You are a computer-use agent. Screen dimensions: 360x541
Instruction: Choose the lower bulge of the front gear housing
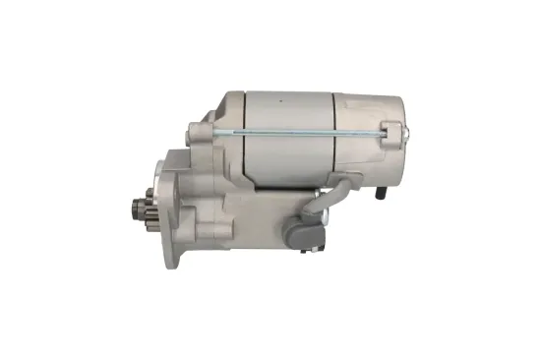[236, 246]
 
